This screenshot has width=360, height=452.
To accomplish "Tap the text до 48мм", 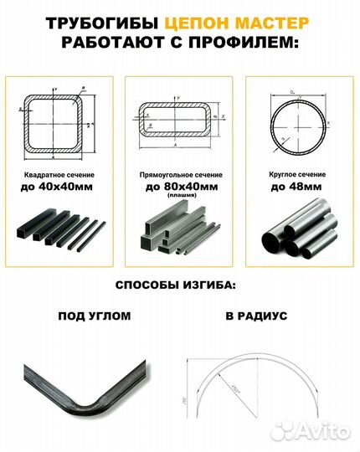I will point(298,187).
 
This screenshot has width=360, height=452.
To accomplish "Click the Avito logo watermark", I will point(317,430).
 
